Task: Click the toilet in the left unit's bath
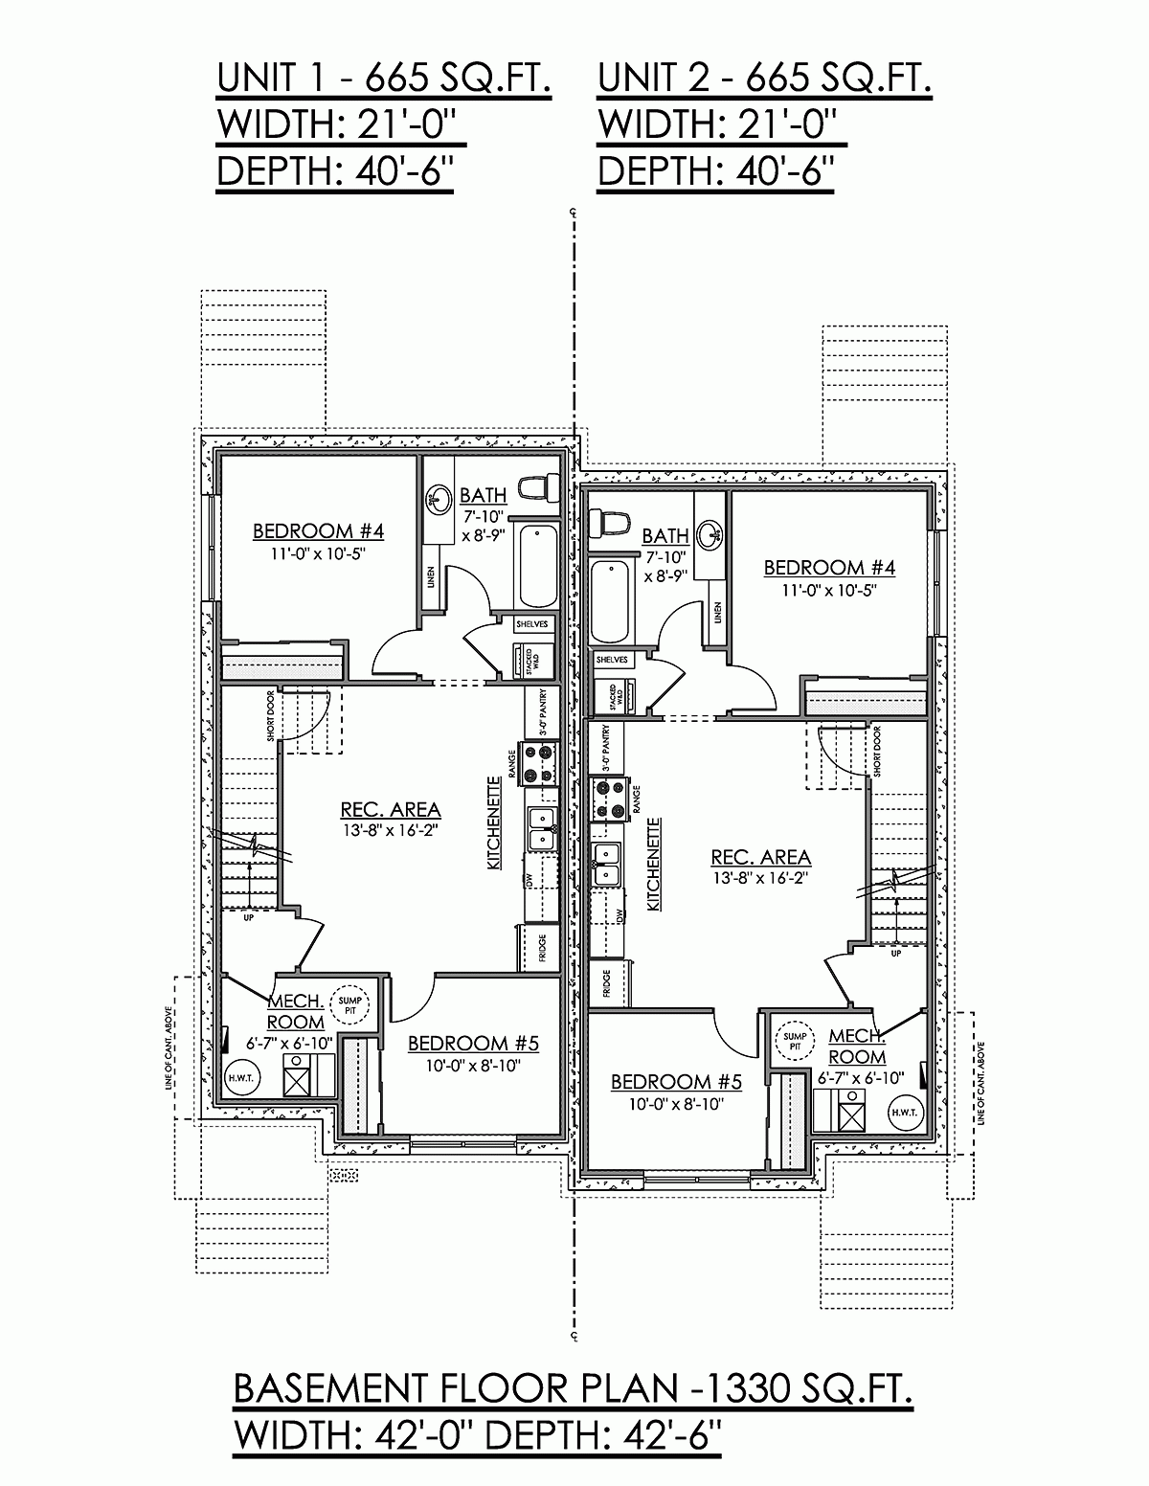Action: coord(540,486)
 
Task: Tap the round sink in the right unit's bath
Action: coord(710,532)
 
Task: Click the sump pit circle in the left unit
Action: coord(345,1003)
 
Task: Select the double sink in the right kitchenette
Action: coord(608,863)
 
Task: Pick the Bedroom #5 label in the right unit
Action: coord(676,1082)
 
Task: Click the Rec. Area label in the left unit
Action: coord(391,810)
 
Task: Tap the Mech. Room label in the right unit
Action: coord(856,1046)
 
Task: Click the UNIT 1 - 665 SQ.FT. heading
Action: coord(384,79)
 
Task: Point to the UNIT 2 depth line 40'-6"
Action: coord(716,172)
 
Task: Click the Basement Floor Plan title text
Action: coord(573,1388)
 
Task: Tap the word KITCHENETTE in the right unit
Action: coord(654,865)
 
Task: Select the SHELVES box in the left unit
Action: coord(530,623)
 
